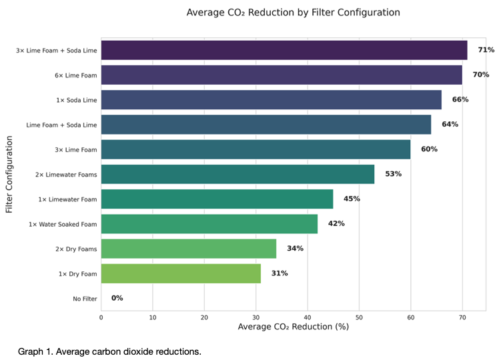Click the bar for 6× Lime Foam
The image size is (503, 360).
(282, 75)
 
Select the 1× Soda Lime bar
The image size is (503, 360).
(272, 100)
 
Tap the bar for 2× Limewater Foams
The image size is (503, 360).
(237, 175)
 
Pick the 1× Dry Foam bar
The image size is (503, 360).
(181, 274)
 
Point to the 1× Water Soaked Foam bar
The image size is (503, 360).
(209, 224)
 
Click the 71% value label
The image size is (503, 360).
(486, 50)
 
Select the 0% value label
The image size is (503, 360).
(117, 298)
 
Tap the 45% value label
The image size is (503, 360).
(352, 199)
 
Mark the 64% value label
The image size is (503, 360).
(450, 124)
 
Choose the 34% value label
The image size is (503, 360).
(295, 249)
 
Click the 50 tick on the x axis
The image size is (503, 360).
(359, 317)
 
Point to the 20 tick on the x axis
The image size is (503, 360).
(204, 317)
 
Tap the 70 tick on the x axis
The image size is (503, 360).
(462, 317)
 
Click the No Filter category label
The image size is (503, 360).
(85, 299)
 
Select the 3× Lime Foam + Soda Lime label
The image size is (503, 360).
(57, 50)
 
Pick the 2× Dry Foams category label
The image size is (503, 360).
(76, 249)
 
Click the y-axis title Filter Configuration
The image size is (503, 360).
(9, 175)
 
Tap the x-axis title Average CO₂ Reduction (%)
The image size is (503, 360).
(294, 327)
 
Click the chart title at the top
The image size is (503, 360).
(294, 12)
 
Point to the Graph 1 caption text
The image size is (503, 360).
(109, 351)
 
